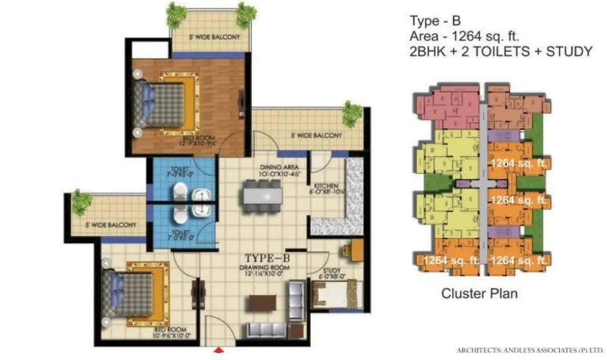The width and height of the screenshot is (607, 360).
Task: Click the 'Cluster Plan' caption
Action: (x=479, y=294)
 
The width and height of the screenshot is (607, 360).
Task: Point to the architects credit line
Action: (x=530, y=350)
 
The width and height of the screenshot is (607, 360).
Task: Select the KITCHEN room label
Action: (x=325, y=186)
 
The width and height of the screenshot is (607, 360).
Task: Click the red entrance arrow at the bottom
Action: (x=218, y=350)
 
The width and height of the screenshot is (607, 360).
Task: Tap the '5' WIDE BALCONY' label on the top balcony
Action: (x=212, y=38)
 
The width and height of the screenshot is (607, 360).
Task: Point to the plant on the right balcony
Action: (x=353, y=113)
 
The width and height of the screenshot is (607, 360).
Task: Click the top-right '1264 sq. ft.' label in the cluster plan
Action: (x=518, y=163)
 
